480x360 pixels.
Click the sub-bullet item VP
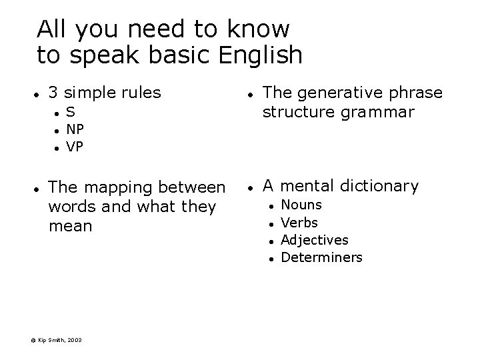75,147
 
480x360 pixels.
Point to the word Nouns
301,205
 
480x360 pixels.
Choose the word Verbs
299,223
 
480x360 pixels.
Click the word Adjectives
315,240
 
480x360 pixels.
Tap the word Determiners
322,257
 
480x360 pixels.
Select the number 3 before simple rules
53,93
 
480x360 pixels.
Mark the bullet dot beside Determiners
270,258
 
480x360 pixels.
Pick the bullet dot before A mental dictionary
248,187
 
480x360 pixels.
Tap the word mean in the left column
70,226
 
